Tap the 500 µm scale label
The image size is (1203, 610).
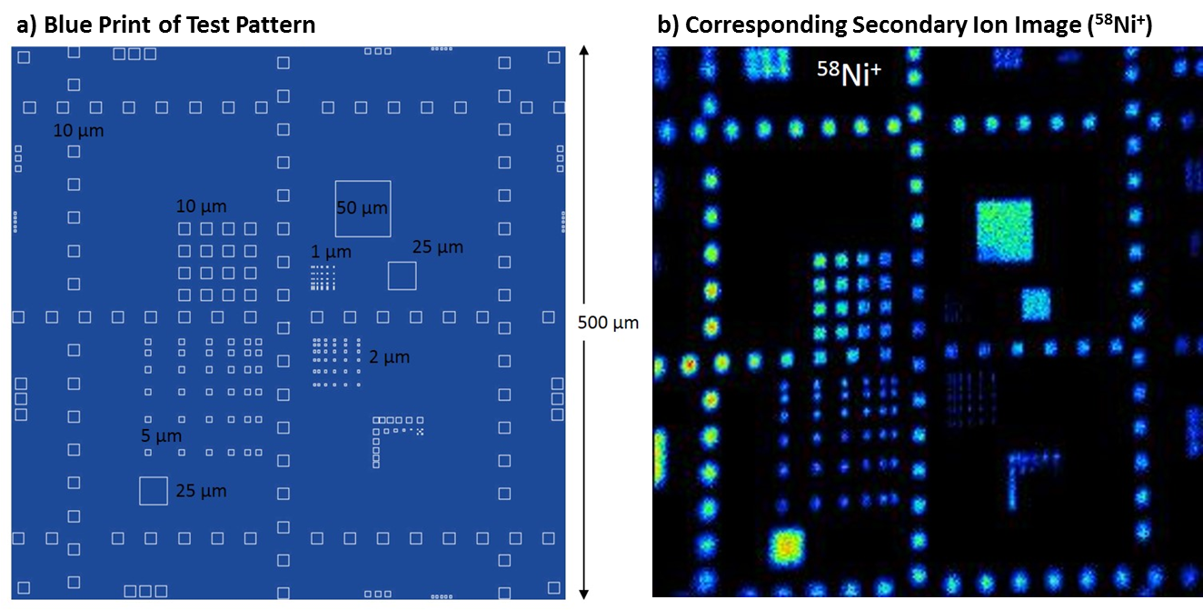coord(608,323)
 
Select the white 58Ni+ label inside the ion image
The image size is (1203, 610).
coord(849,73)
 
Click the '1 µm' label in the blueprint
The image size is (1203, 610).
coord(332,252)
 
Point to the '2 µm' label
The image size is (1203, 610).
coord(390,357)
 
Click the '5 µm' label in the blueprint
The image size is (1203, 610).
coord(161,435)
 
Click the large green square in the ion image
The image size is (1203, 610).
coord(1004,231)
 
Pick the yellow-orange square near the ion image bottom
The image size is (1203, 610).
coord(787,547)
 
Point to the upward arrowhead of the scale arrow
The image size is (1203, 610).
coord(584,51)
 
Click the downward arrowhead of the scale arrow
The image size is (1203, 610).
coord(584,595)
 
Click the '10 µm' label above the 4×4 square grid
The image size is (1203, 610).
coord(202,205)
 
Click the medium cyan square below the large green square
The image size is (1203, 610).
coord(1036,305)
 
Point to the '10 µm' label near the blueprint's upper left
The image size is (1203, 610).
coord(78,130)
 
